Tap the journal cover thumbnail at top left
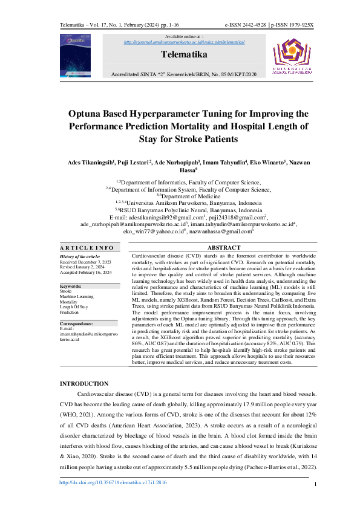point(75,55)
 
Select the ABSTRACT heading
point(224,248)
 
